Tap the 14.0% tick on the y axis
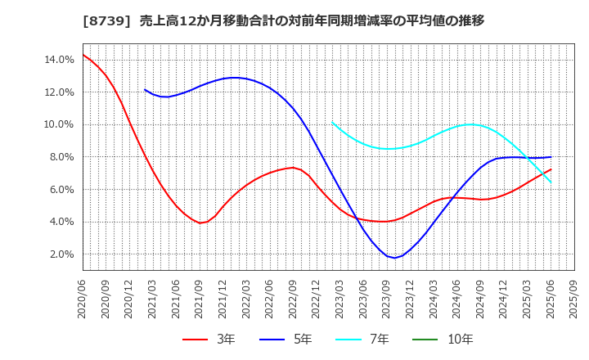61,60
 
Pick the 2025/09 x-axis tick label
574,299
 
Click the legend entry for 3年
209,339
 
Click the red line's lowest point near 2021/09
200,223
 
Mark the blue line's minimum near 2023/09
395,258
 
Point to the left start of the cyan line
332,122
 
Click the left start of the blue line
145,89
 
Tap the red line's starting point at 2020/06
83,55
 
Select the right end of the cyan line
551,182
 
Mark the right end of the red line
551,169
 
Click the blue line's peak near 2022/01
235,78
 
